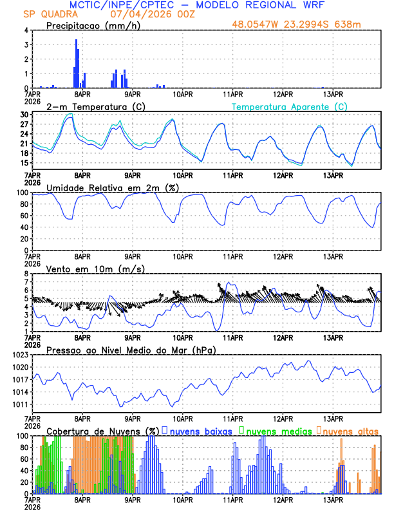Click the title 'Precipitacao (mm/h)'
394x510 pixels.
[92, 25]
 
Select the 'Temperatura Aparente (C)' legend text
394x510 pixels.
[289, 106]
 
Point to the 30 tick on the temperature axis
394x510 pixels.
[24, 115]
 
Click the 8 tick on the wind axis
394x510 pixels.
[26, 274]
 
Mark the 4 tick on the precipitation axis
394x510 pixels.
[26, 30]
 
